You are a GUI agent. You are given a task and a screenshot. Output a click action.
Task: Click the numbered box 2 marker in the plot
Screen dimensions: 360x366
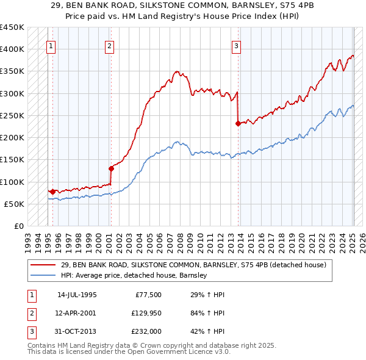point(109,45)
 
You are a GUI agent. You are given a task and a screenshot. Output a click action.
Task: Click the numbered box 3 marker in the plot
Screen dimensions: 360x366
point(236,45)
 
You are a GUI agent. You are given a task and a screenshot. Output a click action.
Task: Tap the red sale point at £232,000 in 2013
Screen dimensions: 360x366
point(238,123)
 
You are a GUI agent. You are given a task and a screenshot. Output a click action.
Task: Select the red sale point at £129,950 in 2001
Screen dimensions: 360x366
point(111,168)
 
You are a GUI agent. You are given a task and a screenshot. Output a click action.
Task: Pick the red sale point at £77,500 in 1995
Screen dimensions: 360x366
point(52,192)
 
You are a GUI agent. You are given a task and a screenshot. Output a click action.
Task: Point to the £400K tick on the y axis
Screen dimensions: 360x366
point(12,49)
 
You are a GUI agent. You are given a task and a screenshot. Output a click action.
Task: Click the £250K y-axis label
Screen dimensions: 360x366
point(12,115)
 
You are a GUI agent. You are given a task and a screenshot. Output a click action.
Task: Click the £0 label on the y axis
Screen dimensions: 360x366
point(18,226)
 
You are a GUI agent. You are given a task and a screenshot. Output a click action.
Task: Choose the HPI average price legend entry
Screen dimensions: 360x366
point(134,275)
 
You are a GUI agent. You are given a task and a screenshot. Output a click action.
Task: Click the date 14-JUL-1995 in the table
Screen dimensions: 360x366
point(77,295)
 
